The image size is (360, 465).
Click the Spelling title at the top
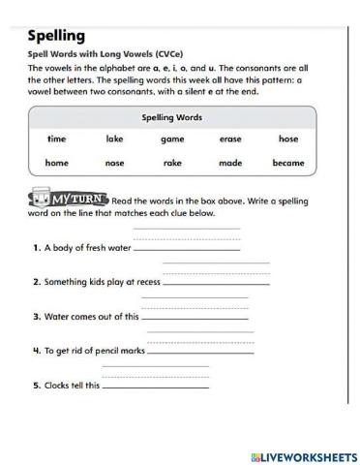pyautogui.click(x=57, y=37)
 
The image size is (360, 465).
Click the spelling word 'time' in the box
pyautogui.click(x=57, y=139)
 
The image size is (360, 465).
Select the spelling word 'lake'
pyautogui.click(x=115, y=139)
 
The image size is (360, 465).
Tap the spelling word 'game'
pyautogui.click(x=172, y=139)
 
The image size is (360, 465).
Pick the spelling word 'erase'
pyautogui.click(x=230, y=139)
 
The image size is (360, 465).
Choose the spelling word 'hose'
pyautogui.click(x=288, y=139)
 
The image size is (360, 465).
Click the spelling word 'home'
pyautogui.click(x=57, y=164)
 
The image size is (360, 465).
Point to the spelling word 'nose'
pyautogui.click(x=115, y=164)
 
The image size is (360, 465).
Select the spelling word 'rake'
pyautogui.click(x=172, y=164)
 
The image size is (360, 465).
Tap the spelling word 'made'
pyautogui.click(x=230, y=164)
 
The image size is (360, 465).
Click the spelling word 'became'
pyautogui.click(x=288, y=164)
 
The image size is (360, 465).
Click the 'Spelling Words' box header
pyautogui.click(x=172, y=116)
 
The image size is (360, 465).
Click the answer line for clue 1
pyautogui.click(x=186, y=247)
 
